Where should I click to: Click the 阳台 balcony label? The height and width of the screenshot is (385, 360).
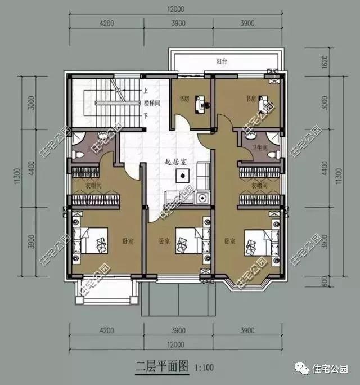pyautogui.click(x=225, y=60)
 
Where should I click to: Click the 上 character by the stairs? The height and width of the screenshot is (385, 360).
pyautogui.click(x=146, y=90)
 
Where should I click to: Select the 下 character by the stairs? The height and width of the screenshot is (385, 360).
pyautogui.click(x=146, y=117)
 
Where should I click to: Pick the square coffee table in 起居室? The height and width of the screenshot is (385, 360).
pyautogui.click(x=181, y=176)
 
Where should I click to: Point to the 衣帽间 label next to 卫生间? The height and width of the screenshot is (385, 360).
pyautogui.click(x=259, y=185)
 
